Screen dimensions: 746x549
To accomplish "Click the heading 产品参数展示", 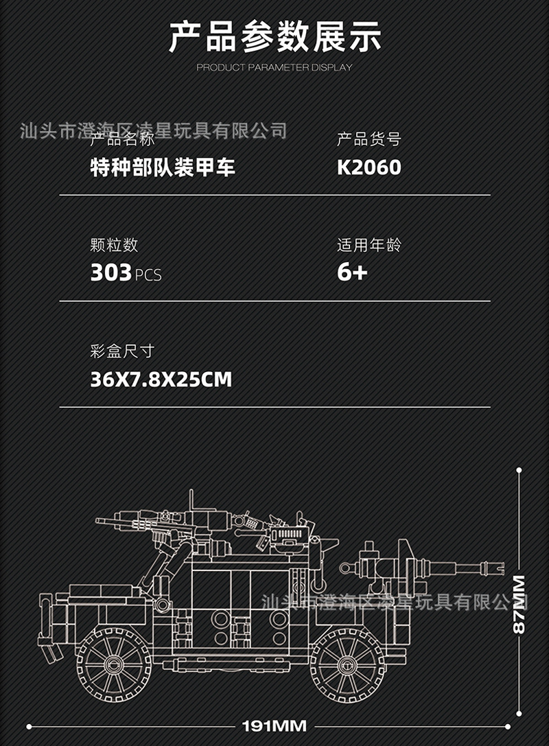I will coord(274,38).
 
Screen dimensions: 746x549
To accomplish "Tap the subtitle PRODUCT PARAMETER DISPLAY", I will coord(274,67).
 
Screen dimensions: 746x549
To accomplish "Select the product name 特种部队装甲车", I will coord(163,167).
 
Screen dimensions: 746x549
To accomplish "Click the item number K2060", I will coord(369,167).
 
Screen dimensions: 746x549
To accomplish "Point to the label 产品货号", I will coord(369,140).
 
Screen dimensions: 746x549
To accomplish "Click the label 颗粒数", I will coord(114,245).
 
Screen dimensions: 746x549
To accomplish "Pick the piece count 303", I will coord(110,273).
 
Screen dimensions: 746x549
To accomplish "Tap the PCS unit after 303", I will coord(148,275).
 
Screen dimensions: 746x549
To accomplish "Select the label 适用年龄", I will coord(369,245).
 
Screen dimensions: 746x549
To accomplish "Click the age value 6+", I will coord(352,273).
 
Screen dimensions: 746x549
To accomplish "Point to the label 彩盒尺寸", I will coord(122,351).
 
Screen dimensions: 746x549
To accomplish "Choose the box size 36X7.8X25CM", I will coord(161,379).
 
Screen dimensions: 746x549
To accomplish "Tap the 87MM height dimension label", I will coord(519,604).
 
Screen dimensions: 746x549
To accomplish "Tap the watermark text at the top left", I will coord(154,130).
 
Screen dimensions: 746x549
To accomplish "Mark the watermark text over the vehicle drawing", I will coord(397,603).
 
